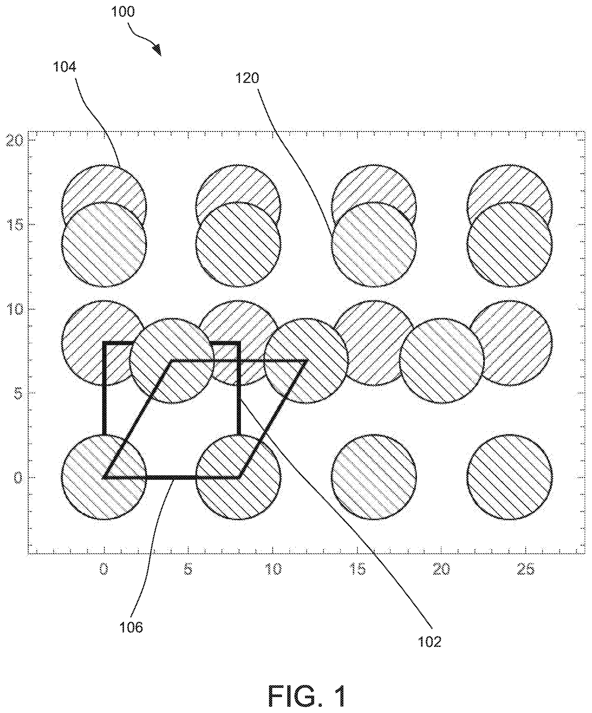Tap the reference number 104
point(64,67)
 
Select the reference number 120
point(247,78)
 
